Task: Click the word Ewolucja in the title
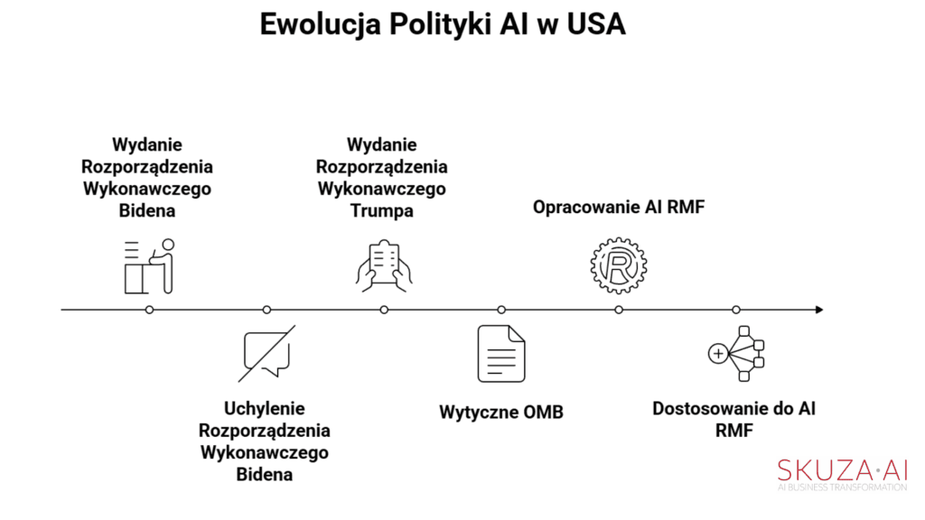pos(321,25)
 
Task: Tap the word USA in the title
pos(596,24)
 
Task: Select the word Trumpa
pos(382,211)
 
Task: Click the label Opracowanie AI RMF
pos(619,207)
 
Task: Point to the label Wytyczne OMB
pos(501,412)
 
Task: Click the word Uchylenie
pos(265,408)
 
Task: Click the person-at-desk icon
pos(150,266)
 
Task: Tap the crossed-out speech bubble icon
pos(267,353)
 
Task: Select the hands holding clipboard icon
pos(384,266)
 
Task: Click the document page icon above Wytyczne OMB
pos(501,353)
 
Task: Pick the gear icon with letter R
pos(619,266)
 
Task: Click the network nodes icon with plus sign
pos(736,354)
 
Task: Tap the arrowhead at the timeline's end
pos(819,310)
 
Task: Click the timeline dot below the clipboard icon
pos(384,310)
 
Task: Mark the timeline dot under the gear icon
pos(619,310)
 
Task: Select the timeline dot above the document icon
pos(501,310)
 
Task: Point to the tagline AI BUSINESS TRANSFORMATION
pos(843,487)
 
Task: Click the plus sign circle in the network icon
pos(718,354)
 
